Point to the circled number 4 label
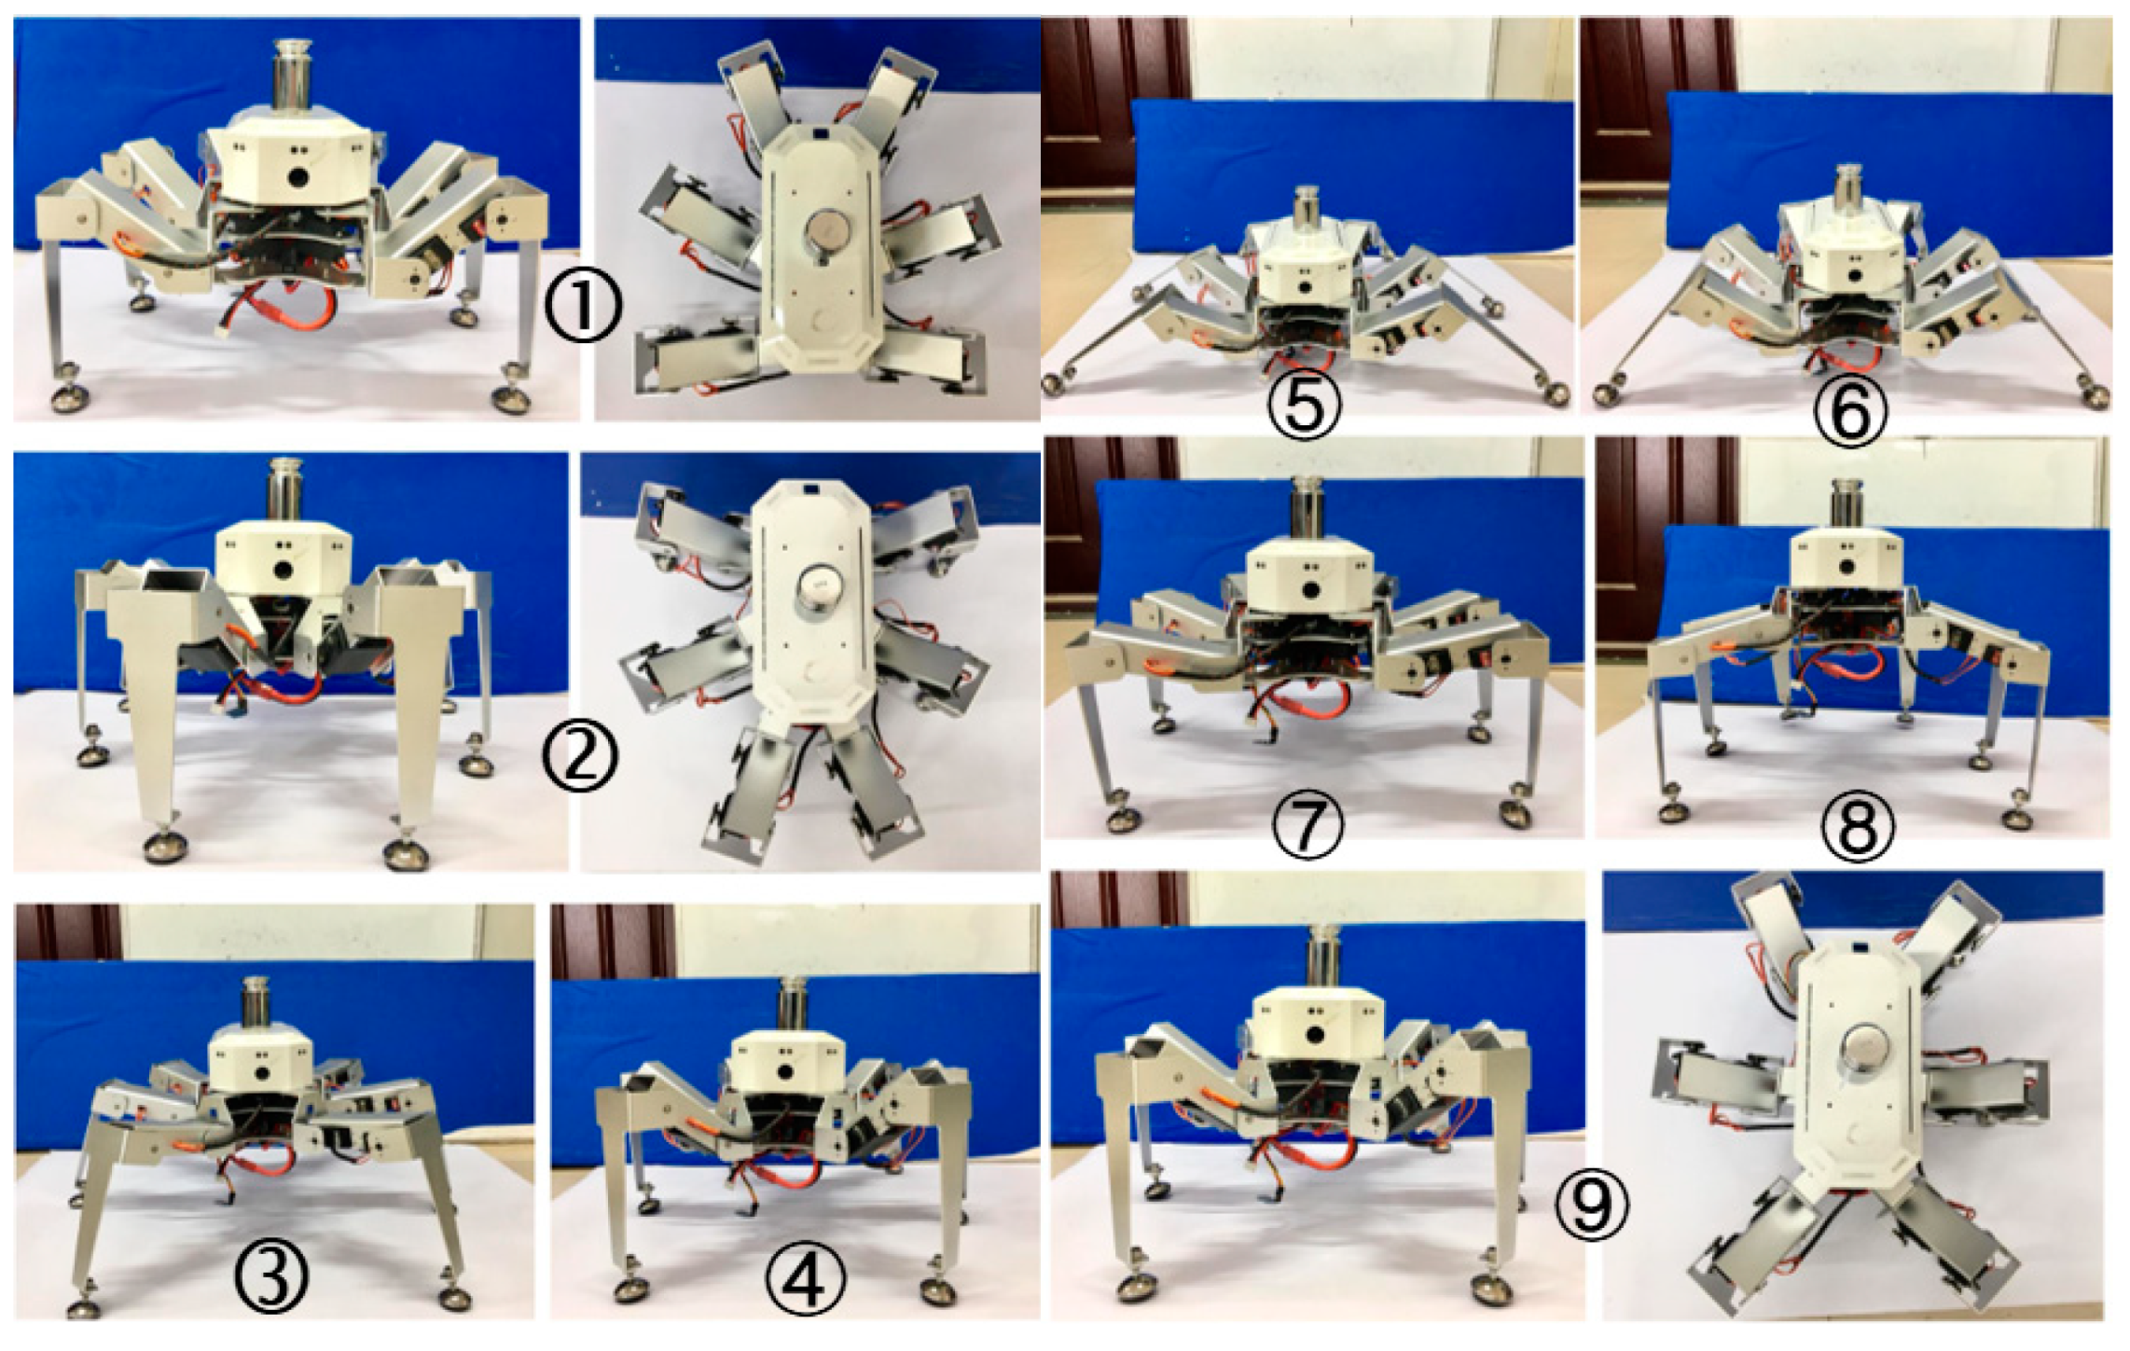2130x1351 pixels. [x=808, y=1278]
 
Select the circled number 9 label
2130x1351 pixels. [x=1594, y=1206]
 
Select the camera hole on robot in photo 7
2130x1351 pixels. [x=1314, y=591]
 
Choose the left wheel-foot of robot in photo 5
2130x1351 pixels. [x=1058, y=384]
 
